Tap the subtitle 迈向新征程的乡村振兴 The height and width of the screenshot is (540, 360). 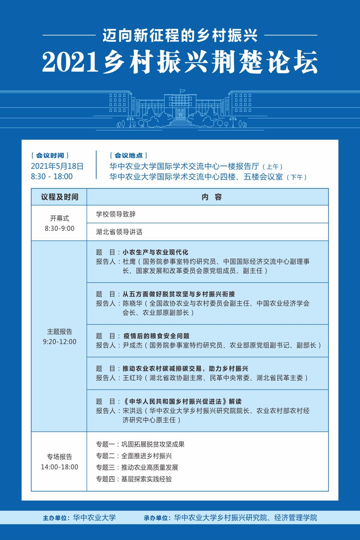(x=180, y=36)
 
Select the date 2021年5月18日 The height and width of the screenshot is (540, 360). (x=57, y=166)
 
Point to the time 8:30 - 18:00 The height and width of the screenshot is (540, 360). (x=52, y=176)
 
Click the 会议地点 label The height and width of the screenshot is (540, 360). (x=129, y=155)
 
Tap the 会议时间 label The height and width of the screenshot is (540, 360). (x=50, y=155)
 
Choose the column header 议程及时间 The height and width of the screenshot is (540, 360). (x=59, y=197)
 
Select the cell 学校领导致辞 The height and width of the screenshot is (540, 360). (x=116, y=214)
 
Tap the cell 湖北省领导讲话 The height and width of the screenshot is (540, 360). (x=119, y=232)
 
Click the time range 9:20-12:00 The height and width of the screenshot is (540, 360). (x=59, y=342)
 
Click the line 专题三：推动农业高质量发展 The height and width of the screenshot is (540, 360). (x=137, y=468)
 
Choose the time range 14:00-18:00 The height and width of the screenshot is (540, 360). (x=59, y=467)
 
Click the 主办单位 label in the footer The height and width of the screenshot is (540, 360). (x=56, y=518)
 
